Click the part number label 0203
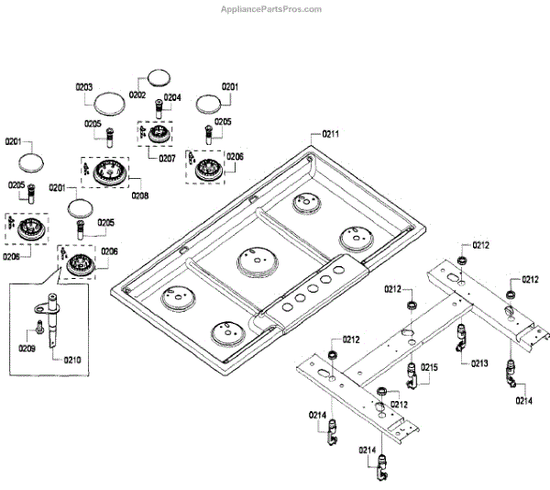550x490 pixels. (x=84, y=87)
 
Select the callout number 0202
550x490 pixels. (x=137, y=95)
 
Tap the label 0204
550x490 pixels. (x=172, y=97)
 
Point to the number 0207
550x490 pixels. (x=167, y=158)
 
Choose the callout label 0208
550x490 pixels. (x=139, y=195)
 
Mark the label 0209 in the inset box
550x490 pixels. (x=27, y=348)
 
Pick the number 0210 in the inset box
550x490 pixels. (x=73, y=360)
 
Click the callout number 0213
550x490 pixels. (x=479, y=363)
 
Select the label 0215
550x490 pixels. (x=429, y=367)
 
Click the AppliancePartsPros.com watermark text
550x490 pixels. (x=271, y=9)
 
